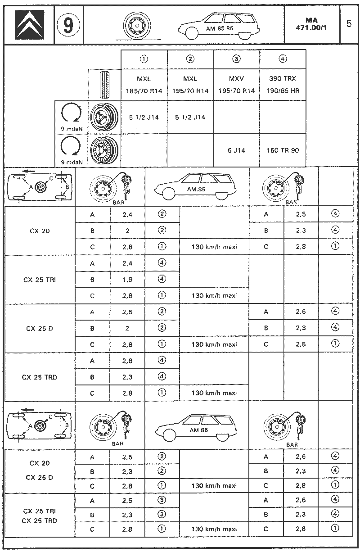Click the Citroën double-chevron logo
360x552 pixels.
pyautogui.click(x=28, y=25)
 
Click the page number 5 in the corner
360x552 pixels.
pyautogui.click(x=349, y=24)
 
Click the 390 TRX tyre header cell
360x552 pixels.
pyautogui.click(x=283, y=84)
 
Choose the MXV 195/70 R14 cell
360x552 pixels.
pyautogui.click(x=236, y=84)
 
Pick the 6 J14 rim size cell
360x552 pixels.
pyautogui.click(x=236, y=150)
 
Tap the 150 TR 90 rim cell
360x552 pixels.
pyautogui.click(x=283, y=150)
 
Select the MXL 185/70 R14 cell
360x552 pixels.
pyautogui.click(x=144, y=84)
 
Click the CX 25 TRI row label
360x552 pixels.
pyautogui.click(x=40, y=279)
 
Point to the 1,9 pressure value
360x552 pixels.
pyautogui.click(x=127, y=279)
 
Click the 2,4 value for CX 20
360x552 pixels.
pyautogui.click(x=127, y=214)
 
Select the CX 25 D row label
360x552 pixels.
pyautogui.click(x=40, y=328)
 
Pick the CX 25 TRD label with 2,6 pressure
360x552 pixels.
pyautogui.click(x=40, y=377)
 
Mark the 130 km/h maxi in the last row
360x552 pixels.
pyautogui.click(x=214, y=529)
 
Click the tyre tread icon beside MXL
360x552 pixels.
pyautogui.click(x=105, y=85)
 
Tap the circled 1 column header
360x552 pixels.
pyautogui.click(x=144, y=59)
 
